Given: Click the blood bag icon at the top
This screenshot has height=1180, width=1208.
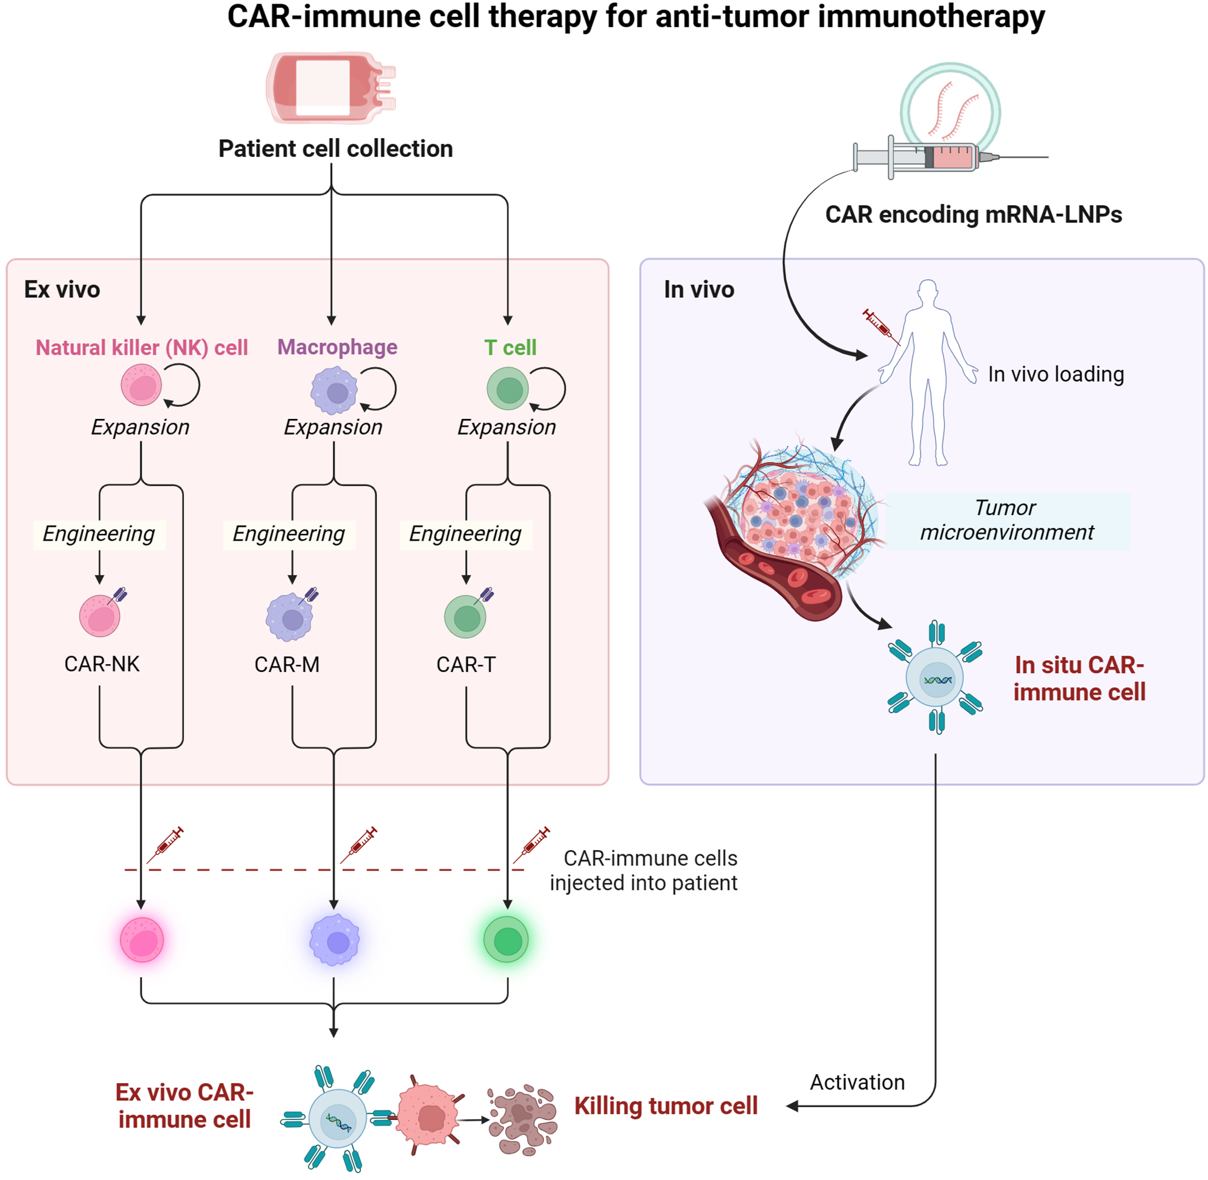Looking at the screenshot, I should [x=330, y=87].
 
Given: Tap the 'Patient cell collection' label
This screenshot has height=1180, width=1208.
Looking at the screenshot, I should [x=335, y=149].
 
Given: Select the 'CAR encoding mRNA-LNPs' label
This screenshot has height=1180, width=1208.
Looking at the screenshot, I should [x=973, y=214].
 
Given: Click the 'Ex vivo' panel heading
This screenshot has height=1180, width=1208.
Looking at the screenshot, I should [x=62, y=289].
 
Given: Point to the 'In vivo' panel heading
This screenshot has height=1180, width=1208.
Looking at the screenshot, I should [x=698, y=289].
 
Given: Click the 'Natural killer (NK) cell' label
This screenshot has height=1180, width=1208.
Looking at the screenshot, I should [x=141, y=347].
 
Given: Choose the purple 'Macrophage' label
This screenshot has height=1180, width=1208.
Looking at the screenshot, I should [x=337, y=347].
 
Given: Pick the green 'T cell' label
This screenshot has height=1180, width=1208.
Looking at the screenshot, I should [x=510, y=347].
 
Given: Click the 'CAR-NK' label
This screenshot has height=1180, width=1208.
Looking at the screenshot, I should [x=102, y=664].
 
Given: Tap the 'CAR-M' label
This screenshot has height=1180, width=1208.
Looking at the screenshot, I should [x=287, y=664].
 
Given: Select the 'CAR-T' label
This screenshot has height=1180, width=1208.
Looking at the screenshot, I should [x=466, y=664].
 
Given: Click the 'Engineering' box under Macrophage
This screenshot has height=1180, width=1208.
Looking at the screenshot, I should [x=289, y=534].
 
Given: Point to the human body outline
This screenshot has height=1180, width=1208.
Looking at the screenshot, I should [x=927, y=372].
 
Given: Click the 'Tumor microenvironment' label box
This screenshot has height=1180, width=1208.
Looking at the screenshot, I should [x=1006, y=521].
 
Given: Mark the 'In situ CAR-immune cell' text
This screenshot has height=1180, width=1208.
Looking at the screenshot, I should [x=1078, y=678].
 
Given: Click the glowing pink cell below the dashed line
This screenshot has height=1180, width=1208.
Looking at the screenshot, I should [x=142, y=940].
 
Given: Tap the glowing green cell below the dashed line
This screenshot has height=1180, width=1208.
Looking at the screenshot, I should [x=506, y=940].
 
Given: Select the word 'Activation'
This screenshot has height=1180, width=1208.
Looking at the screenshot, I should [x=857, y=1082].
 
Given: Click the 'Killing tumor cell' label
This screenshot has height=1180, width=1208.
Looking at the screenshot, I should [x=665, y=1106].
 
